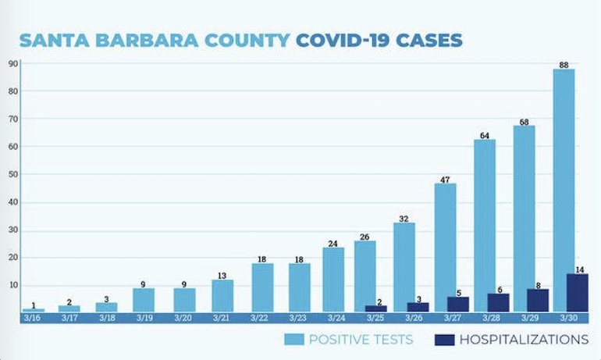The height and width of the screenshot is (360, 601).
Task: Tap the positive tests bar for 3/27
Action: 445,248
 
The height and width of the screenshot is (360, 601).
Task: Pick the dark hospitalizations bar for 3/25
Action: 375,308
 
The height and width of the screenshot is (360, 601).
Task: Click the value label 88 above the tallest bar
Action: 564,64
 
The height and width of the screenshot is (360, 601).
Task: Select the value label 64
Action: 484,135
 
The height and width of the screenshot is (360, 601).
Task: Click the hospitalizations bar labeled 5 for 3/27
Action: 457,305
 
